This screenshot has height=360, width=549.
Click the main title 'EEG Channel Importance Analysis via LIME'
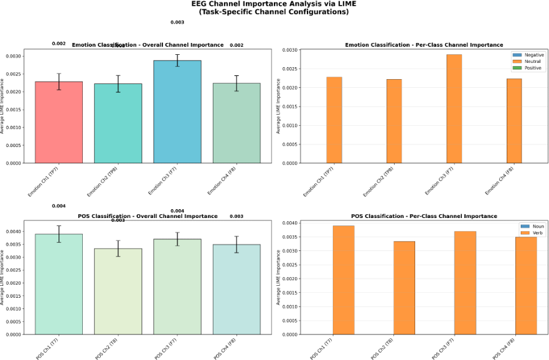point(274,4)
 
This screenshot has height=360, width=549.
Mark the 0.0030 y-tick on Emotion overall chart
point(13,56)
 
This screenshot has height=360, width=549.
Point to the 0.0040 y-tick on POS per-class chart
point(290,223)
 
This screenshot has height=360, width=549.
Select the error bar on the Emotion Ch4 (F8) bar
point(236,83)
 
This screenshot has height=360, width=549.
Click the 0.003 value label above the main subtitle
point(177,22)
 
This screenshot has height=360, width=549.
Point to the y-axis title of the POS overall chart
point(2,278)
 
